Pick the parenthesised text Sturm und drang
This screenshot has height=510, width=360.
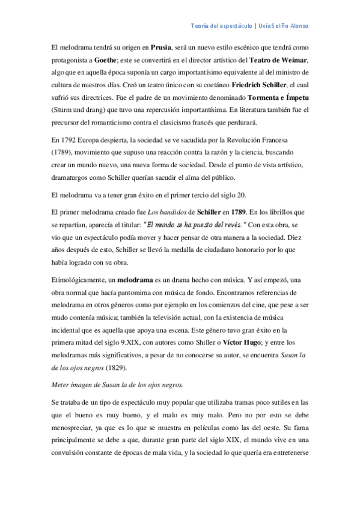[78, 111]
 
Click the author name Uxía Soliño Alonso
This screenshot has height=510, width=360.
[285, 26]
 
